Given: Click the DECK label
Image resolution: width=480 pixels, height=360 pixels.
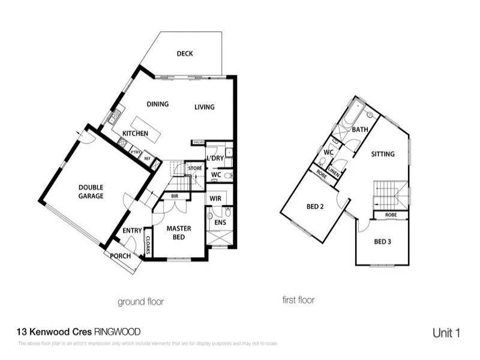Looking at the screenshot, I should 184,54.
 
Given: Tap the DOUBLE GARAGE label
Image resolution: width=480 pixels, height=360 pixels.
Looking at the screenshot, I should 91,191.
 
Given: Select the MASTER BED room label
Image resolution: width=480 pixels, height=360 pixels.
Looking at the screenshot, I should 178,232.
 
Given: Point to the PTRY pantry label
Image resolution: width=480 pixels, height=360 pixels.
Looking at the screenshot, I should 136,152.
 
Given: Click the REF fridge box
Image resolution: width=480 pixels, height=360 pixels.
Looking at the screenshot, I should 149,159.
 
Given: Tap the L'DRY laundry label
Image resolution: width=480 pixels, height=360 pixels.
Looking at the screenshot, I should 214,158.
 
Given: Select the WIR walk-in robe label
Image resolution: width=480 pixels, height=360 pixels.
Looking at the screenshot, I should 215,198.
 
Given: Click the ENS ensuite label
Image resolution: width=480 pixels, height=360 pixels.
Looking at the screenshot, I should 220,222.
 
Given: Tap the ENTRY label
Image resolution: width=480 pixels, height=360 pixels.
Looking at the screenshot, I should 132,230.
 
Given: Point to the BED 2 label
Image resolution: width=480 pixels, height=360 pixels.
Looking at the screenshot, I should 315,206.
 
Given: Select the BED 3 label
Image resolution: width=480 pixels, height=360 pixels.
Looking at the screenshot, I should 382,242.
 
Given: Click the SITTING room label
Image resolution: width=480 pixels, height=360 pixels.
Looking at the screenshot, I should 383,154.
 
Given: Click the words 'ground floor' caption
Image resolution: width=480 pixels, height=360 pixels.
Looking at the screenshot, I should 140,301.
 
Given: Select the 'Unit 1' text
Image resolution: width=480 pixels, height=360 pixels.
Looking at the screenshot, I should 446,332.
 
